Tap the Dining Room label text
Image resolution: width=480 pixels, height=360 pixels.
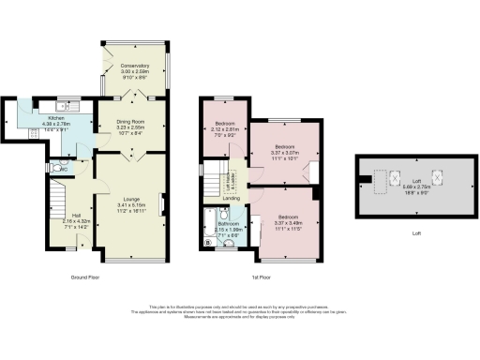pos(131,123)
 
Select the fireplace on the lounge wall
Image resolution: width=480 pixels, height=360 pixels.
pos(162,202)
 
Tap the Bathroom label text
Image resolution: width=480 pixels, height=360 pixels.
pos(229,223)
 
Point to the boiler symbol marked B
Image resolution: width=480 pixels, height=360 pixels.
pos(206,244)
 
